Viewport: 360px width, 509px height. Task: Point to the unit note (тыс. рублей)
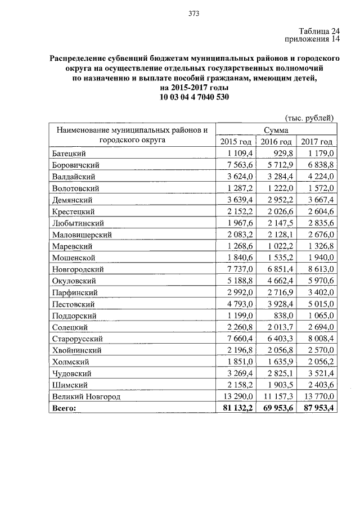(310, 118)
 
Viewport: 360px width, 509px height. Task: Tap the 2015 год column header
(237, 142)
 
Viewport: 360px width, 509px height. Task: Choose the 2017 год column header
(317, 142)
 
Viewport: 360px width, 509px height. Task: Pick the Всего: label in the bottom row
(64, 408)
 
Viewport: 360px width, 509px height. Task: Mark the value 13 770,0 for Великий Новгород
(317, 397)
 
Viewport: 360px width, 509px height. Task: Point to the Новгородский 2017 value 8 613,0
(319, 269)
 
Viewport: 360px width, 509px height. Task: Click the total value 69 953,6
(277, 408)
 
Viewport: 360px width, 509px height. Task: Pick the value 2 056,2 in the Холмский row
(319, 362)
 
